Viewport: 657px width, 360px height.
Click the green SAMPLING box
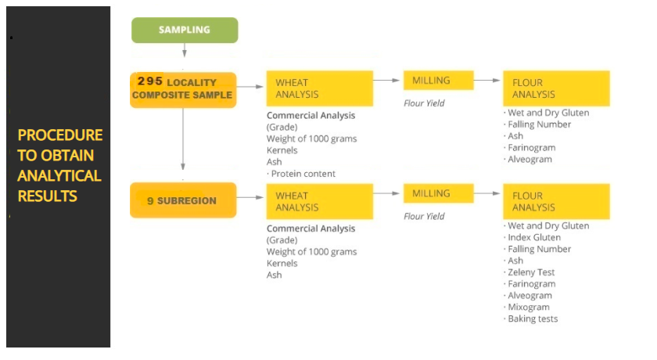pos(185,31)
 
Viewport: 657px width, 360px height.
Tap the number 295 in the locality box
pos(150,81)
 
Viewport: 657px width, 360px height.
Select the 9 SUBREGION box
pos(183,200)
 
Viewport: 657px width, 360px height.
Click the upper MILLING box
pos(438,80)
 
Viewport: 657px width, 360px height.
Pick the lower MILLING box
pos(438,193)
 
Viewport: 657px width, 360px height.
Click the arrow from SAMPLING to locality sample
pos(185,50)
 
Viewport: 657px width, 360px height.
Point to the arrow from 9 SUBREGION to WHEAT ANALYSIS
pos(250,197)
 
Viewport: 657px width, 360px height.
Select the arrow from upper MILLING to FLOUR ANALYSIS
pos(486,80)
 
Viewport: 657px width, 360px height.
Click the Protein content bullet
pos(301,174)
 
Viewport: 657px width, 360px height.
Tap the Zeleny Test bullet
pos(529,272)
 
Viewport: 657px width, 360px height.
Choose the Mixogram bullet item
pos(526,308)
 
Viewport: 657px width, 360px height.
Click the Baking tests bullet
pos(530,319)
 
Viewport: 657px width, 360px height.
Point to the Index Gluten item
pos(532,237)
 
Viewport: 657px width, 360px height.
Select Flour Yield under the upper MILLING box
pos(424,103)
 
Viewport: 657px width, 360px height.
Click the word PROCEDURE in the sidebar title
pos(60,135)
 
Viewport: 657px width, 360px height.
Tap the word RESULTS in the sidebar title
pos(48,196)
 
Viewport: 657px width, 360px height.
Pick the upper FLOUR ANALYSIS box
pos(556,88)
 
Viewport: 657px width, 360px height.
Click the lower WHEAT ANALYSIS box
pos(320,202)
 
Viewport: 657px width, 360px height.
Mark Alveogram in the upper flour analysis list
pos(527,159)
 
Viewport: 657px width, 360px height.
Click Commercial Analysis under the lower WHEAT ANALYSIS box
pos(311,229)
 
